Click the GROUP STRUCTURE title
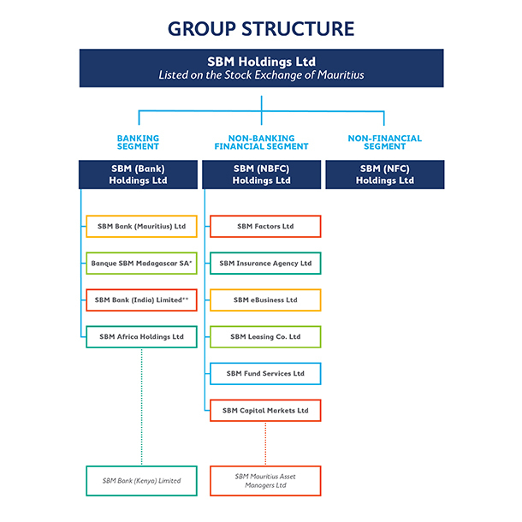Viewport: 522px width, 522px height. point(261,28)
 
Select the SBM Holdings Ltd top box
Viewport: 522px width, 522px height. point(261,68)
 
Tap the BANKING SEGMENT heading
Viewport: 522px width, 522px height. point(138,142)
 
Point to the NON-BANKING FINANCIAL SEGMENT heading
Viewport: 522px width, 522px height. point(261,142)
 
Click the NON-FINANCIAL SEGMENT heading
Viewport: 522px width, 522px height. point(384,142)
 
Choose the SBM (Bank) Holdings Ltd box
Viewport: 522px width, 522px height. point(138,175)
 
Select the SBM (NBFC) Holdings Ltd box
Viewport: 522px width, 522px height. point(261,175)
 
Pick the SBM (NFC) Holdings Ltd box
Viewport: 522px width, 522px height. point(384,175)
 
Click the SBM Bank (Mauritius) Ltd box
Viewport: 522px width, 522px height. point(141,226)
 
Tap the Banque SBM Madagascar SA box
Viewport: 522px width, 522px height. point(141,264)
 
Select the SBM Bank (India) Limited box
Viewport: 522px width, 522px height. point(141,300)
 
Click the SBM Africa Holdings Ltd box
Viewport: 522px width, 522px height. point(141,337)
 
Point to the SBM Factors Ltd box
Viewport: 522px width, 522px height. point(265,226)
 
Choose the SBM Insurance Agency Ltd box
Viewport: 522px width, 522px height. point(265,264)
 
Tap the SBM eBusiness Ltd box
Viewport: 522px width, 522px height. point(265,300)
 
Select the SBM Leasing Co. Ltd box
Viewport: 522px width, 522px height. point(265,337)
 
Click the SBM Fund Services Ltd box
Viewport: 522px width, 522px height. point(265,374)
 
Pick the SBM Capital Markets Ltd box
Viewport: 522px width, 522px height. point(265,411)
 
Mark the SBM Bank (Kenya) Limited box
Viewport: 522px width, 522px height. point(141,480)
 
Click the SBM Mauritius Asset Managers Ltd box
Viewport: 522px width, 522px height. point(265,480)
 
